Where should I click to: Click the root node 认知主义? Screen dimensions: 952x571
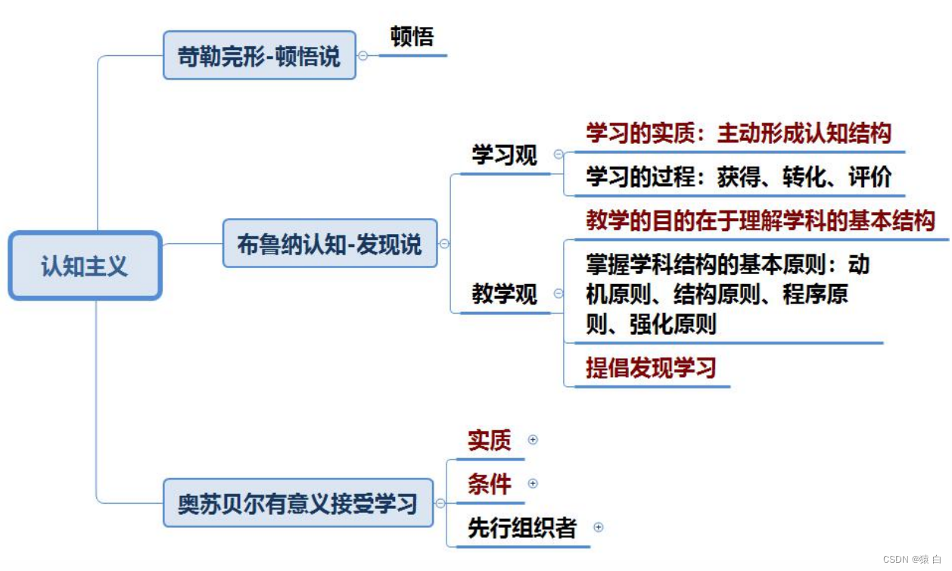pyautogui.click(x=85, y=266)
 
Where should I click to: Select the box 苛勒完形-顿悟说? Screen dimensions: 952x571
pyautogui.click(x=260, y=55)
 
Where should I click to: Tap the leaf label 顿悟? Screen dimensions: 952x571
pyautogui.click(x=412, y=36)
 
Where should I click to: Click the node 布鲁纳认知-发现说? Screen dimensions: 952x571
pyautogui.click(x=330, y=243)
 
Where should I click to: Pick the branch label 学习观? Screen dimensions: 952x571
pyautogui.click(x=505, y=155)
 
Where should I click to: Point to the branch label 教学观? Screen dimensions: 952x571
pyautogui.click(x=505, y=294)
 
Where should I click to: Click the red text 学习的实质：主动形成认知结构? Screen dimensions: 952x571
pyautogui.click(x=739, y=134)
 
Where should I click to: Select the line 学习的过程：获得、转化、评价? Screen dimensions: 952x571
pyautogui.click(x=739, y=177)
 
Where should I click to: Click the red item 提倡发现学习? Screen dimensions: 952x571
pyautogui.click(x=651, y=368)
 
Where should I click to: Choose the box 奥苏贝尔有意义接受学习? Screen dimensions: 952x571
pyautogui.click(x=298, y=503)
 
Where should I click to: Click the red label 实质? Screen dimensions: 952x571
pyautogui.click(x=489, y=440)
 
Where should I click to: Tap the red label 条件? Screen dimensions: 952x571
pyautogui.click(x=489, y=484)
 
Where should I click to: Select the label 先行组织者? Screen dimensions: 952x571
pyautogui.click(x=522, y=528)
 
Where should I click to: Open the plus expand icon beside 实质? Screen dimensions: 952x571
pyautogui.click(x=533, y=439)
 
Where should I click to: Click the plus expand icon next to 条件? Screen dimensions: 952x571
pyautogui.click(x=533, y=483)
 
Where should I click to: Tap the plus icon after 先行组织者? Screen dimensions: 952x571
pyautogui.click(x=599, y=527)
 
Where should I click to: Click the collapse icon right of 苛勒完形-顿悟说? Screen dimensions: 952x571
pyautogui.click(x=363, y=55)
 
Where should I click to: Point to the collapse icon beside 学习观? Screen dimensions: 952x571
pyautogui.click(x=558, y=154)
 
